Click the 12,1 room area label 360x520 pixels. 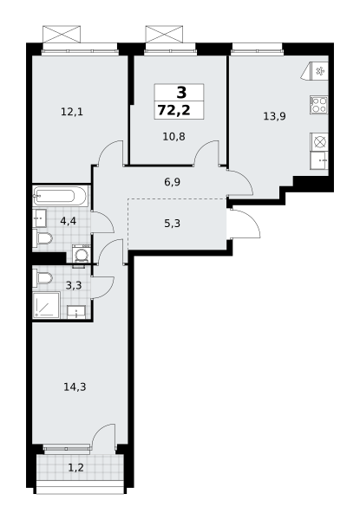(x=72, y=112)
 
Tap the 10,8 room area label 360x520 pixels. (x=173, y=136)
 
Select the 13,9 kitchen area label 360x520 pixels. (x=274, y=116)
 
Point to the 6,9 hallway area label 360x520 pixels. (x=173, y=182)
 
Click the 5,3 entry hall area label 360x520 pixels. (x=173, y=224)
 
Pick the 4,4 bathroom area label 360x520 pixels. (x=69, y=221)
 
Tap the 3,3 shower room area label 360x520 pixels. (x=74, y=285)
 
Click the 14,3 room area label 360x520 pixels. (x=75, y=387)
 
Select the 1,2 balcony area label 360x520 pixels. (x=75, y=468)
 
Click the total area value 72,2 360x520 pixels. (x=174, y=110)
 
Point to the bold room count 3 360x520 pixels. (x=181, y=93)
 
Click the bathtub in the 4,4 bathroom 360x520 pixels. (x=61, y=196)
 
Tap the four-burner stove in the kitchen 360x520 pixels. (x=319, y=105)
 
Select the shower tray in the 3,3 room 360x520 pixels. (x=46, y=305)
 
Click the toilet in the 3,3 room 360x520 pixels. (x=43, y=278)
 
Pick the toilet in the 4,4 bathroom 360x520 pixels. (x=43, y=237)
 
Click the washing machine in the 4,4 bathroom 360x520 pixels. (x=81, y=254)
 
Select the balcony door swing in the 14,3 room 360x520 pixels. (x=102, y=437)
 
